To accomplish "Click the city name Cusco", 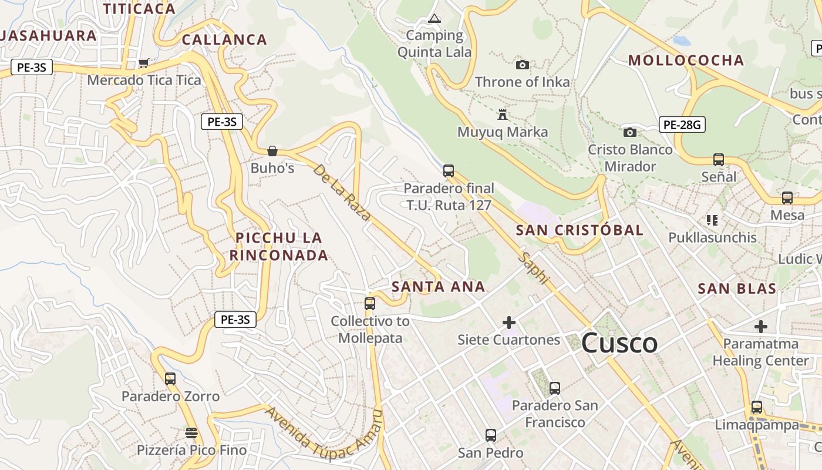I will click(619, 344).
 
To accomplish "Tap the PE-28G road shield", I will click(682, 125).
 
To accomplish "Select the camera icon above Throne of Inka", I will click(522, 65).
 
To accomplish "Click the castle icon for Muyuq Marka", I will click(502, 114).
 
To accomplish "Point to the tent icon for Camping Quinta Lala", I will click(434, 18).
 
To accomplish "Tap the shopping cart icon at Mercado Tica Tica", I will click(144, 62).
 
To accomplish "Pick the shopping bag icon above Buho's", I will click(272, 151).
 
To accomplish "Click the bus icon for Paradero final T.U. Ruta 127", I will click(449, 171).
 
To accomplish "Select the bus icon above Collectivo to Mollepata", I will click(370, 304).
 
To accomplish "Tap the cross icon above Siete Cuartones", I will click(509, 323).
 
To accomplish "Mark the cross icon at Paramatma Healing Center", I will click(761, 326).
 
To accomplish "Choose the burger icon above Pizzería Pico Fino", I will click(191, 433).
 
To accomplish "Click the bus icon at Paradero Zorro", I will click(170, 379).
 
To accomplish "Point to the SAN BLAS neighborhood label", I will click(737, 288).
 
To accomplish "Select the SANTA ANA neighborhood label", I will click(438, 287).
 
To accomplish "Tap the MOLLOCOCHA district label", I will click(686, 60).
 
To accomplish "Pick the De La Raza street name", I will click(342, 193).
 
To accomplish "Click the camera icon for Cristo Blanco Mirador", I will click(629, 132).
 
